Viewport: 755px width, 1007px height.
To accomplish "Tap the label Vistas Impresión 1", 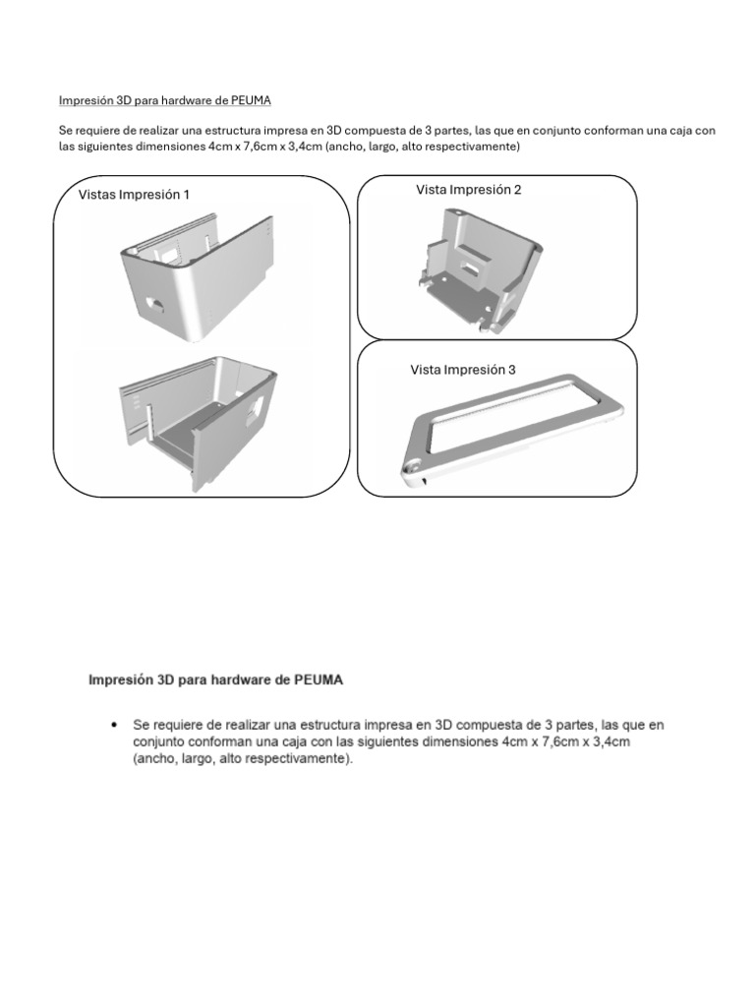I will (x=134, y=195).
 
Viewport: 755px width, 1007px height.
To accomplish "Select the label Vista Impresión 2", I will (x=469, y=190).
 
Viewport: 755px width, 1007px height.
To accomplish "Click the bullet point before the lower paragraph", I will (x=116, y=725).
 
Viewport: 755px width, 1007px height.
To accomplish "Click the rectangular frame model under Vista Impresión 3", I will (x=510, y=429).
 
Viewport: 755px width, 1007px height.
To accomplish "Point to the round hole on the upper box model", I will (x=155, y=304).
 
